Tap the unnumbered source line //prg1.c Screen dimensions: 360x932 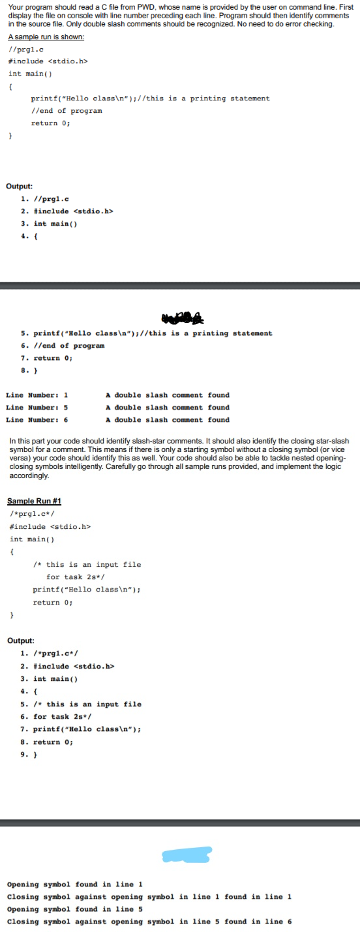(x=26, y=49)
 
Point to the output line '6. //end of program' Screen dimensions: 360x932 (x=63, y=346)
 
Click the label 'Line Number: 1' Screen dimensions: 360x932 (x=37, y=395)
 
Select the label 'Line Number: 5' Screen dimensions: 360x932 (x=37, y=408)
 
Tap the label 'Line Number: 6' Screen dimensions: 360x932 (x=37, y=420)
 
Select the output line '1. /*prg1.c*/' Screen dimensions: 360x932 (x=50, y=654)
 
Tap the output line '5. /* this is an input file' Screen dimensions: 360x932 (x=81, y=704)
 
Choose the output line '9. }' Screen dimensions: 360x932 (x=29, y=755)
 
